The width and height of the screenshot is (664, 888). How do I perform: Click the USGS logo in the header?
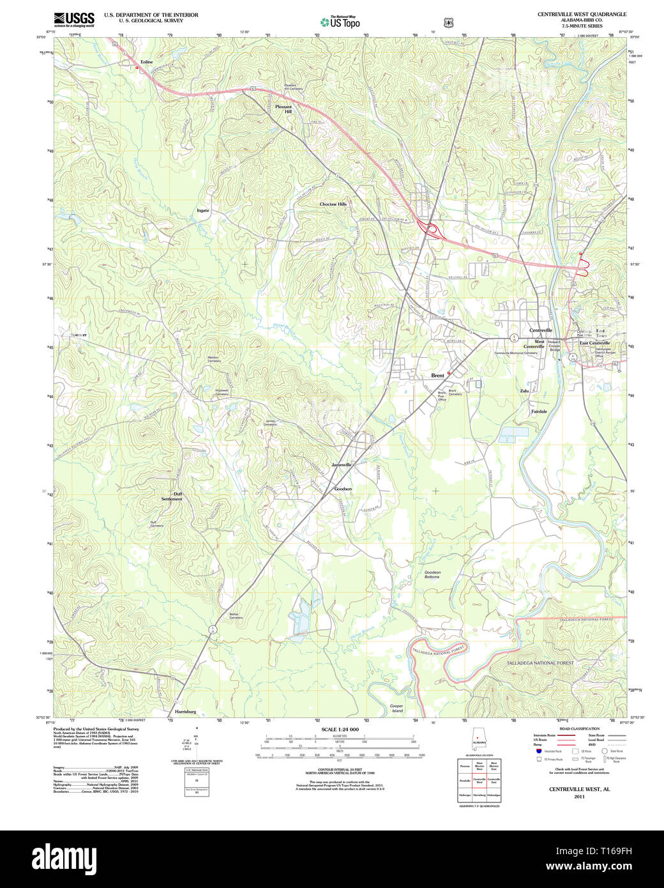(x=74, y=19)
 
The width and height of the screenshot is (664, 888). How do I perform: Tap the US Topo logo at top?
(x=340, y=22)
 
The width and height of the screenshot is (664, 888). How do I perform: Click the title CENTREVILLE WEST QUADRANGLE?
(x=582, y=14)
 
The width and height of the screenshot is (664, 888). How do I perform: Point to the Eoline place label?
(x=147, y=62)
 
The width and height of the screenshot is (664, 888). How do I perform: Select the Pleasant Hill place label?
(x=283, y=109)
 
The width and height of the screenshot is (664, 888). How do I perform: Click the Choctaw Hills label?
(x=333, y=204)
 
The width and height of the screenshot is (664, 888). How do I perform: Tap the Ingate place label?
(x=202, y=210)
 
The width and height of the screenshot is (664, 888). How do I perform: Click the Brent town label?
(x=437, y=376)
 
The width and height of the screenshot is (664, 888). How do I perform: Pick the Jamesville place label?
(x=342, y=464)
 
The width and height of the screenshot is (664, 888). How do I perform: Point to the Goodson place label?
(x=343, y=489)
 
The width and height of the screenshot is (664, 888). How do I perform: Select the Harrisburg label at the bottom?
(x=185, y=711)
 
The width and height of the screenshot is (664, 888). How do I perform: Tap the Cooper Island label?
(x=397, y=708)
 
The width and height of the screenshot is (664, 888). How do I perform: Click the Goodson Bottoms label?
(x=432, y=575)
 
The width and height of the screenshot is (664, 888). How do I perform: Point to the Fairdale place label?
(x=539, y=411)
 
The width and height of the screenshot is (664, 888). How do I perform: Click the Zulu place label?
(x=524, y=390)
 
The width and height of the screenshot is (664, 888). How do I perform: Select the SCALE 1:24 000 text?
(x=340, y=729)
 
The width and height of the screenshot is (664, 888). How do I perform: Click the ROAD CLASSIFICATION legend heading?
(x=579, y=729)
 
